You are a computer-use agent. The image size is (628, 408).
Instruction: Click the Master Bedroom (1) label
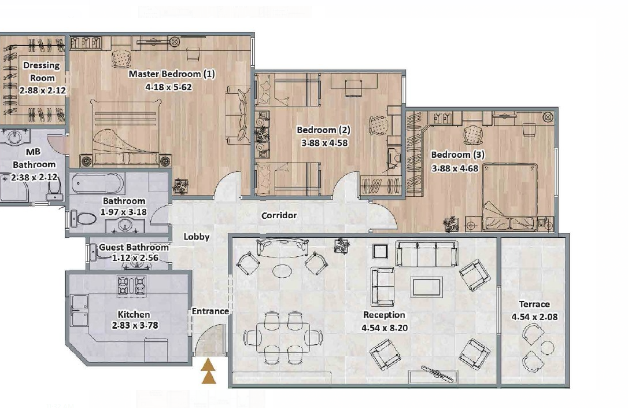coord(172,74)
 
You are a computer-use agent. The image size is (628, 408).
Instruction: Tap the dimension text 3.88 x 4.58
coord(324,143)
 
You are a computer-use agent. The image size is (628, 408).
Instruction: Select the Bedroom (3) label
coord(457,155)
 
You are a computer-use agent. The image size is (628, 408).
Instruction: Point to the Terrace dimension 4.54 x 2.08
coord(534,317)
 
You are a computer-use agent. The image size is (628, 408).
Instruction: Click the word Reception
coord(384,315)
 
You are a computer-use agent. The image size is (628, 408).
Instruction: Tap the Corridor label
coord(279,216)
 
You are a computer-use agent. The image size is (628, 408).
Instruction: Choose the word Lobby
coord(197,237)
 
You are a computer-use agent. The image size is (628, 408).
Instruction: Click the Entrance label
coord(210,311)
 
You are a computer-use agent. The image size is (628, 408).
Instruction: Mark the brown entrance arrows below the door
coord(208,372)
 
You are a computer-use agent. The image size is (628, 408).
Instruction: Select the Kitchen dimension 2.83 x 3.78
coord(135,325)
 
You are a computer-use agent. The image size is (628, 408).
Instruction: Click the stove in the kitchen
coord(131,286)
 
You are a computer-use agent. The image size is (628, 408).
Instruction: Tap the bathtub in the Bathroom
coord(98,184)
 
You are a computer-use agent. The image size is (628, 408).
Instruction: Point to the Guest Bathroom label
coord(134,247)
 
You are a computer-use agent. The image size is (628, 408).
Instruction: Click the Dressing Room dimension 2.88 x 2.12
coord(42,91)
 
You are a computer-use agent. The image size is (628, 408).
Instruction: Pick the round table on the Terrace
coord(547,347)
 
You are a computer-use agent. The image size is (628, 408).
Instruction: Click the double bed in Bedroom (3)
coord(509,197)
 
